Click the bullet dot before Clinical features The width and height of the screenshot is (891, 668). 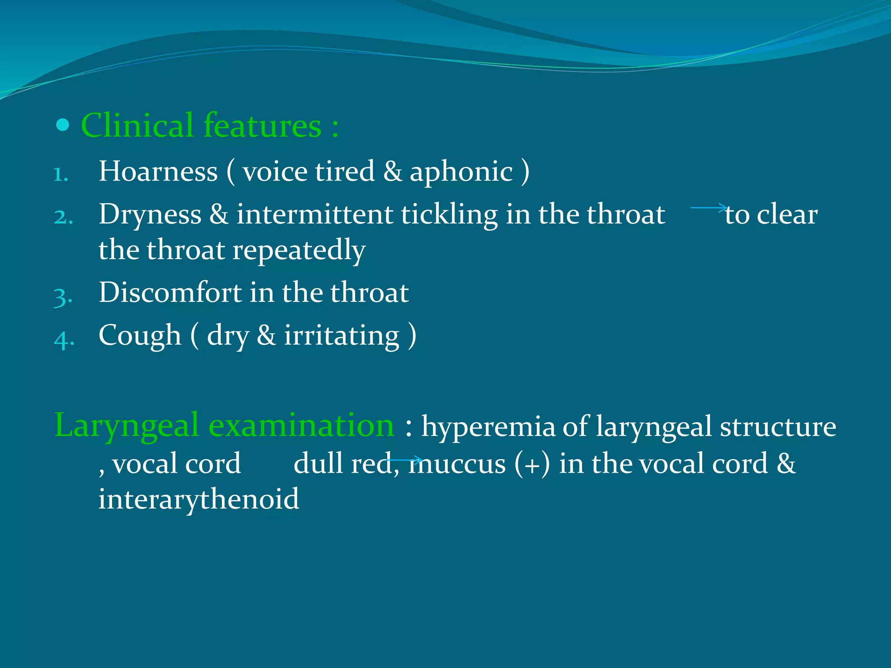tap(63, 126)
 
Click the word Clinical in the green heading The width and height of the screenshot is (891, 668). tap(137, 126)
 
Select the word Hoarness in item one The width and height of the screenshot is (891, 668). tap(158, 171)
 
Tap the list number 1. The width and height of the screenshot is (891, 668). tap(60, 175)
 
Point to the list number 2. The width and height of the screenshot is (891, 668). tap(63, 217)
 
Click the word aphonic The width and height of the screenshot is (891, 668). tap(461, 172)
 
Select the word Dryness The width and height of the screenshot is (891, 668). tap(150, 215)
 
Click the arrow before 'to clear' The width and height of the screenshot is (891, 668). tap(709, 207)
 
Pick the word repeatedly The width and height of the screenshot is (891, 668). tap(299, 250)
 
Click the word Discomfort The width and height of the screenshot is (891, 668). tap(170, 292)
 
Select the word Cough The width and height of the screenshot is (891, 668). tap(140, 336)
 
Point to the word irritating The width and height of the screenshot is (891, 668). tap(342, 336)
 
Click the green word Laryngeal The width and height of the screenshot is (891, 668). tap(127, 425)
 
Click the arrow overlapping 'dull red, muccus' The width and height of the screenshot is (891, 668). tap(404, 460)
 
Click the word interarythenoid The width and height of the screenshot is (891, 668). tap(198, 499)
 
